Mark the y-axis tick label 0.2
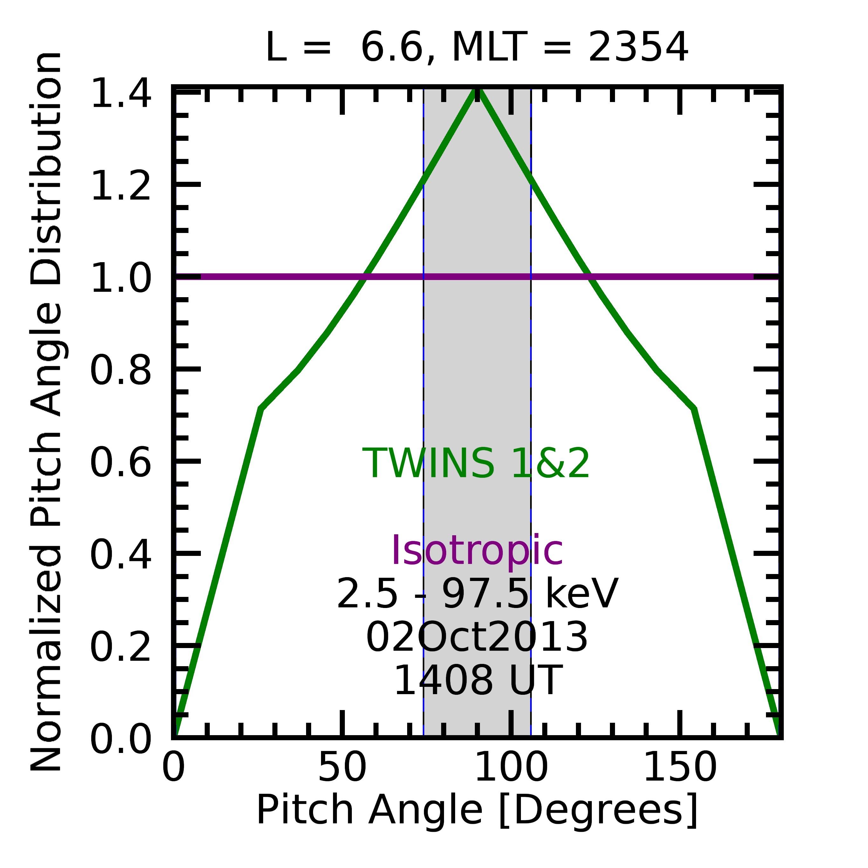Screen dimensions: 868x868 click(x=120, y=647)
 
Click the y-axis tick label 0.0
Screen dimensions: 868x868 click(x=120, y=740)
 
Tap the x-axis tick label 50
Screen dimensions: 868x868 click(x=342, y=767)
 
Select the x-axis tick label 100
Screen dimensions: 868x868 click(x=511, y=767)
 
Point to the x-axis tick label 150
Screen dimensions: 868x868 click(x=680, y=767)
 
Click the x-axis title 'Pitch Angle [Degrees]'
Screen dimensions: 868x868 click(x=477, y=810)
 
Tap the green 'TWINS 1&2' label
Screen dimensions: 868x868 click(x=476, y=464)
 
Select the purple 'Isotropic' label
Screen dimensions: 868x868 click(x=477, y=551)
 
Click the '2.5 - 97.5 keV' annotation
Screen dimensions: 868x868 click(x=477, y=594)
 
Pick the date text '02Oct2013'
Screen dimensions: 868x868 click(x=477, y=637)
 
